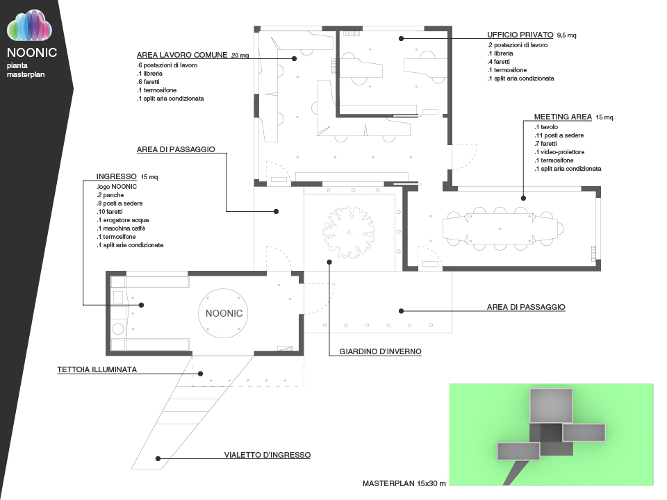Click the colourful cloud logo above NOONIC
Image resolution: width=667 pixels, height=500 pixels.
[x=30, y=28]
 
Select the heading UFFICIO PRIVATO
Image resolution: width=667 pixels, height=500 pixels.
[x=520, y=34]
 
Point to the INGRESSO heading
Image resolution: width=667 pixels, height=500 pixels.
[x=117, y=176]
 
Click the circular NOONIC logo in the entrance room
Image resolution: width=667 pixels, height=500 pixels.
[x=224, y=313]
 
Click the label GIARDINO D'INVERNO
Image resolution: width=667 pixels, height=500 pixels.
[x=380, y=352]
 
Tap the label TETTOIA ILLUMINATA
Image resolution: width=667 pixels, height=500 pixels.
[x=97, y=369]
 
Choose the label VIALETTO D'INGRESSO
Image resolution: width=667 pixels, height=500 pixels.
[x=267, y=456]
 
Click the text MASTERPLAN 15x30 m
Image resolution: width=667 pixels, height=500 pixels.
[x=404, y=483]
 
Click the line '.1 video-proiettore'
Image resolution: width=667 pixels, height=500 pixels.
[x=559, y=152]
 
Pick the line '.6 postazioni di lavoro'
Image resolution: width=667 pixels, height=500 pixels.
[x=167, y=65]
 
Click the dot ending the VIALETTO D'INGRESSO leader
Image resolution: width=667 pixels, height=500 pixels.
[x=158, y=458]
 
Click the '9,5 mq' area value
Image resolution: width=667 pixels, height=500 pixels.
[x=567, y=35]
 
